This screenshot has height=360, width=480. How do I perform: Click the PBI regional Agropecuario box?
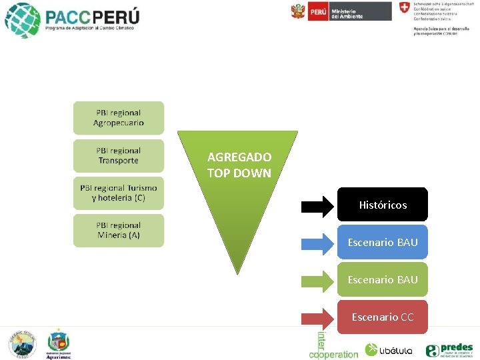tap(118, 118)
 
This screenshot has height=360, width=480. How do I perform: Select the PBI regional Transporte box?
tap(118, 155)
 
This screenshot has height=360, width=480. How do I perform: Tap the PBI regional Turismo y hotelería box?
tap(118, 193)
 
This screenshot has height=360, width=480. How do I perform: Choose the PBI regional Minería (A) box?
tap(118, 230)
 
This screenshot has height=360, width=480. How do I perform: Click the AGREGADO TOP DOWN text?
tap(239, 165)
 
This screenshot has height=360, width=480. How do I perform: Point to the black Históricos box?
tap(383, 205)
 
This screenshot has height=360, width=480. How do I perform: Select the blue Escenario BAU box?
tap(383, 242)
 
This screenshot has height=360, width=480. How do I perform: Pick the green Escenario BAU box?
tap(383, 279)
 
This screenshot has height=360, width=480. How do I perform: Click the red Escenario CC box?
tap(383, 317)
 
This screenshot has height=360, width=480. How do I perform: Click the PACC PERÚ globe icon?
tap(22, 20)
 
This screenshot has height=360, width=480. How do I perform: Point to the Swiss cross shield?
tap(404, 8)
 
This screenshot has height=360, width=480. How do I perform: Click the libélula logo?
tap(389, 349)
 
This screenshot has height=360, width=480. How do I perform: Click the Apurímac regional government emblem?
tap(59, 344)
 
